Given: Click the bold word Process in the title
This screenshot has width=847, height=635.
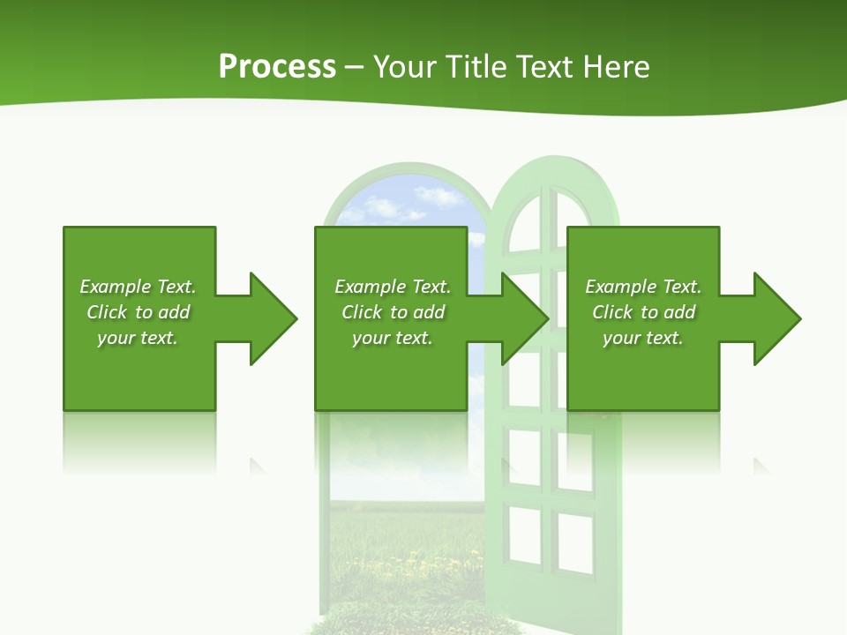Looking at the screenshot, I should coord(277,67).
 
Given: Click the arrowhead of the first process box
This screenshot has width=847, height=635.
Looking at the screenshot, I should coord(274,318).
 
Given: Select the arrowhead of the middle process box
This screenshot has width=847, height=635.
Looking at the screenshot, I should coord(525,318).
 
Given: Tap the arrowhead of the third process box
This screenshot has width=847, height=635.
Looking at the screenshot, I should coord(777,318).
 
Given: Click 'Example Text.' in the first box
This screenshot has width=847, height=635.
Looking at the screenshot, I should coord(138,287).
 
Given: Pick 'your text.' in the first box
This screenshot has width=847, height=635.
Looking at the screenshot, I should coord(138,338).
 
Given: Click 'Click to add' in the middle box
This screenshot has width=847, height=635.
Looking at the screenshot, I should coord(393,312).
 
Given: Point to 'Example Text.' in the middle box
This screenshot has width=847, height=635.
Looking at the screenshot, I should coord(393,287).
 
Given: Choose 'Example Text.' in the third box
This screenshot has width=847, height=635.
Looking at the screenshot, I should coord(643,287).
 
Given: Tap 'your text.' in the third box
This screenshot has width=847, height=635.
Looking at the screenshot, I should coord(643,338).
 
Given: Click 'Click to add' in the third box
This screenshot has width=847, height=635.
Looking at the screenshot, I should coord(643,312).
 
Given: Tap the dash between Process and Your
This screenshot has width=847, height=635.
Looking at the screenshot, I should coord(354,67).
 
